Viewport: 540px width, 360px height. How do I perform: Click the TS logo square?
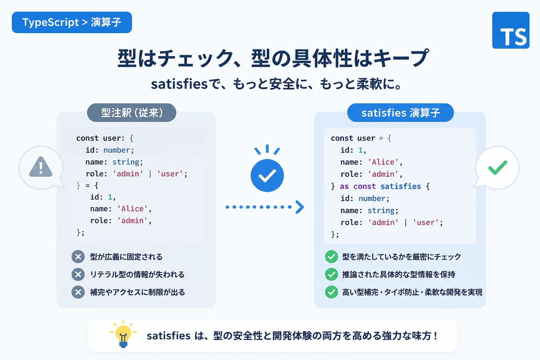click(510, 30)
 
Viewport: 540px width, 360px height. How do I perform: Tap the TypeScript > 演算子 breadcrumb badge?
click(72, 22)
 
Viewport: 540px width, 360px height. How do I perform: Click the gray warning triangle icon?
click(41, 167)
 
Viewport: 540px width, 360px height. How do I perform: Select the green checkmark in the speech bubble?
click(497, 167)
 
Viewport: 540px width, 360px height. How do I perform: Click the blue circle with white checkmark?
click(267, 175)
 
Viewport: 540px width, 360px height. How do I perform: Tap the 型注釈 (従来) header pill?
click(131, 112)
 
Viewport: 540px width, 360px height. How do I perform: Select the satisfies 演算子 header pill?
click(400, 112)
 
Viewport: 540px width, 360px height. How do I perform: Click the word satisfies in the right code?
click(401, 186)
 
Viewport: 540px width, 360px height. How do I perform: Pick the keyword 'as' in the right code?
click(344, 186)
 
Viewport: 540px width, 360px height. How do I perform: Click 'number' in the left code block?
click(117, 150)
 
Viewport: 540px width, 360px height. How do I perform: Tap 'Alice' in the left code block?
click(132, 208)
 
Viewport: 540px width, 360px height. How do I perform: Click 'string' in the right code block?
click(381, 211)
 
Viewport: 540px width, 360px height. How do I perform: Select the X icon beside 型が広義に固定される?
click(78, 257)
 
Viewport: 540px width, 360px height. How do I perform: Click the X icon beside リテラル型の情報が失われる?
click(78, 275)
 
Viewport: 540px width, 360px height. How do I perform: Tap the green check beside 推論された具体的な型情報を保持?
click(332, 275)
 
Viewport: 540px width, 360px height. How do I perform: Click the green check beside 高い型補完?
click(332, 292)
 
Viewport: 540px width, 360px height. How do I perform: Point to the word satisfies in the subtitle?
click(179, 84)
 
